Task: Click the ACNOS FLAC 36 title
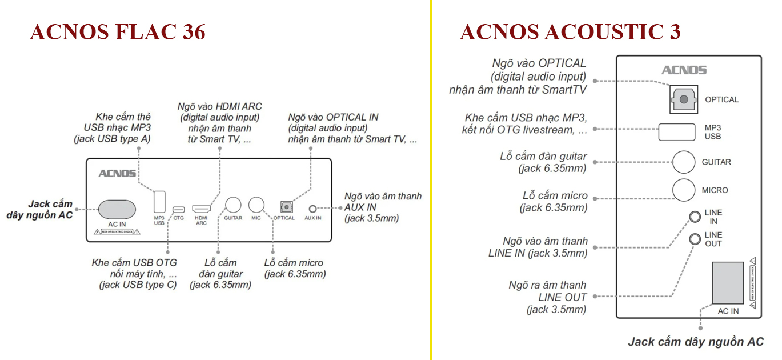point(117,33)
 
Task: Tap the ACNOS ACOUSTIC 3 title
point(570,33)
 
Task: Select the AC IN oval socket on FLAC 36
point(117,210)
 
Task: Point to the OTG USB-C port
point(179,209)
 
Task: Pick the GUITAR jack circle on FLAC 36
point(233,206)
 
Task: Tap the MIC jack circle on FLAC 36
point(256,206)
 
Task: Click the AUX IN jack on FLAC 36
point(312,209)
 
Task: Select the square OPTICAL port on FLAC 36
point(284,207)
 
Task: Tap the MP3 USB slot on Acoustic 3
point(676,132)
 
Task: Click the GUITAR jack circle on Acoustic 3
point(683,162)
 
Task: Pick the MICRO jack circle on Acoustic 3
point(683,190)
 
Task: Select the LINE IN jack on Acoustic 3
point(695,217)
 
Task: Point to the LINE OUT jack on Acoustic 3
point(695,239)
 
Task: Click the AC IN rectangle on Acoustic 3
point(728,283)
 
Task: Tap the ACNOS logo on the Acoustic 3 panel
point(684,70)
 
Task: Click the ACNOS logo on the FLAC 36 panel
point(117,173)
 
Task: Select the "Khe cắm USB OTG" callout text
point(134,263)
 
